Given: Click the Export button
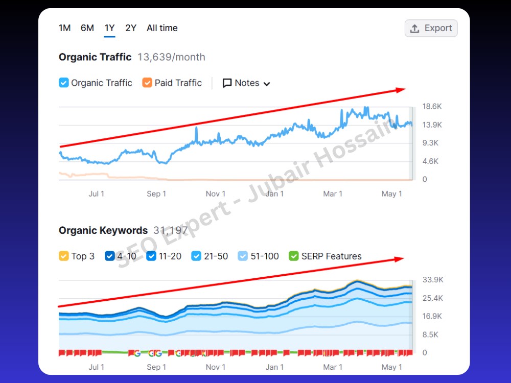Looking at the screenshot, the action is coord(431,28).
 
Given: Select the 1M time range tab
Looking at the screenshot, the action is coord(64,28).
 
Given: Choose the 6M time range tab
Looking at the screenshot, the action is coord(87,28).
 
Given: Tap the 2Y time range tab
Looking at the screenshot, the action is coord(131,28).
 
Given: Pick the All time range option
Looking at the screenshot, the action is coord(162,28).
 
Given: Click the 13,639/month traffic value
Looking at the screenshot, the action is coord(171,57).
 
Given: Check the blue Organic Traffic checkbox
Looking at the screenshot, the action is coord(63,83).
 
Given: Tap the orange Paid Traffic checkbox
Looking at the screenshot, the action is coord(147,83).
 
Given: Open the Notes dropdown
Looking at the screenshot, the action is coord(246,83).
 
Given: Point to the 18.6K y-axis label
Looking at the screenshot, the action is coord(432,106).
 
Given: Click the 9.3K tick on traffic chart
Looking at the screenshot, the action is coord(430,142).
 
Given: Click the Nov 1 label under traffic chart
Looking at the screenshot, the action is coord(216,194).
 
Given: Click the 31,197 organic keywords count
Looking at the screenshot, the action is coord(171,230).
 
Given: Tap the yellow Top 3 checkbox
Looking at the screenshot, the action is coord(63,256).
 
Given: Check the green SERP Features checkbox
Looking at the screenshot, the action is coord(294,256).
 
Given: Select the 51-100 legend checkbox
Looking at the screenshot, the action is coord(243,256).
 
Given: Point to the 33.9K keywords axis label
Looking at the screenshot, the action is coord(433,279).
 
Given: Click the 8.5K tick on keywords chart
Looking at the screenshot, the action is coord(430,334).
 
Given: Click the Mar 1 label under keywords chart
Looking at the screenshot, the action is coord(333,367).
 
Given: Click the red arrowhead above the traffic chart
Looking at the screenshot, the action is coord(401,90).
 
